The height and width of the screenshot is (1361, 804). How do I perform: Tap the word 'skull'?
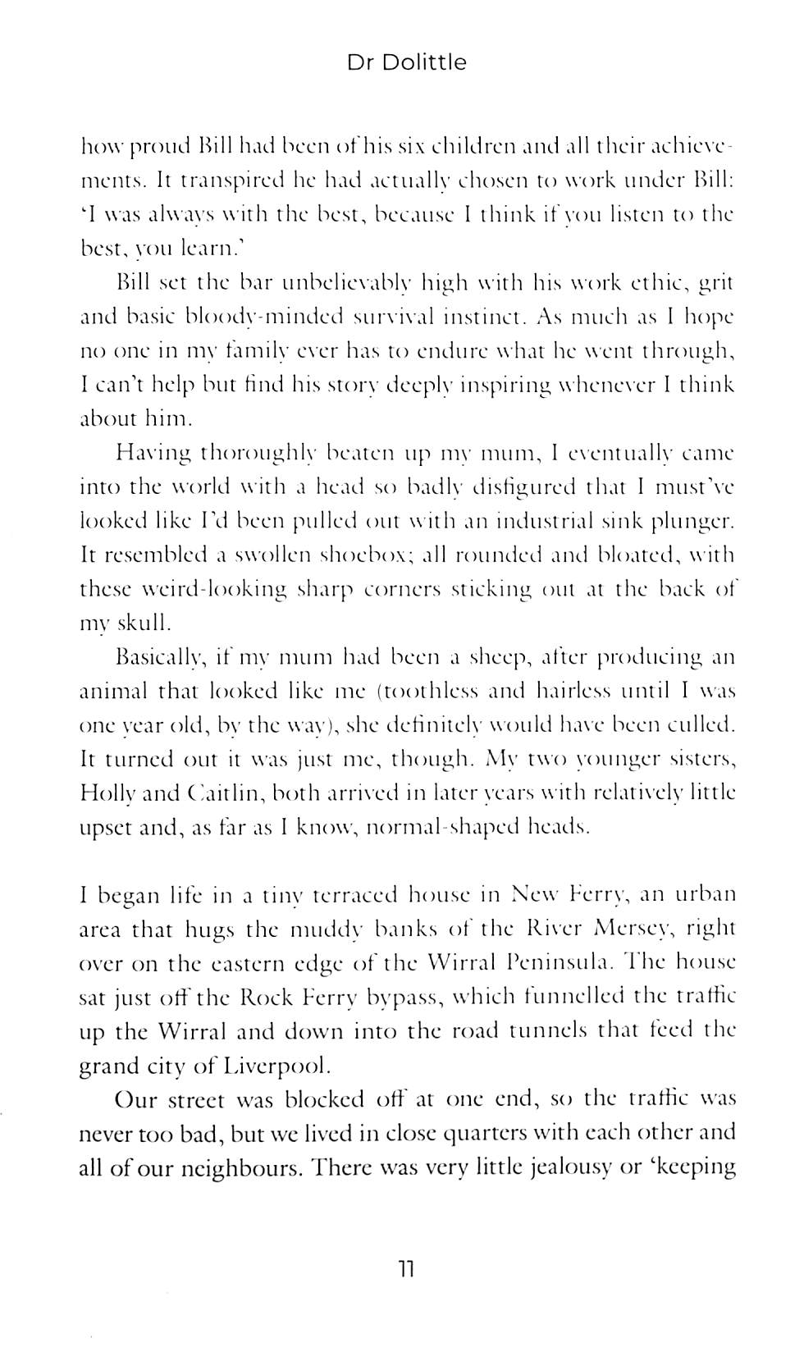click(141, 623)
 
